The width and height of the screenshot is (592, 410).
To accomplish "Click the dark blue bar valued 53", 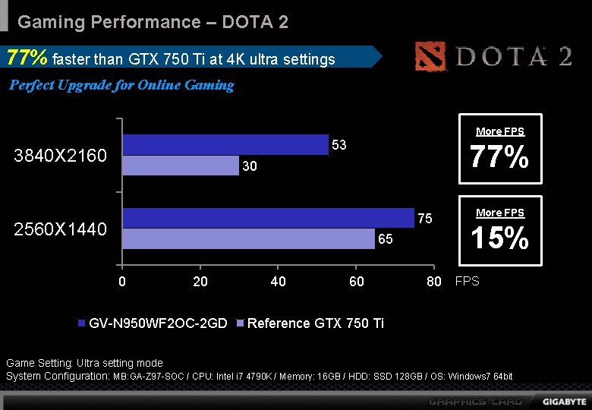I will pyautogui.click(x=225, y=144).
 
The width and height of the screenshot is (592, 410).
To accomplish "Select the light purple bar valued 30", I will pyautogui.click(x=181, y=166).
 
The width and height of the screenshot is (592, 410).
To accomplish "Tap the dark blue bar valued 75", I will pyautogui.click(x=268, y=218).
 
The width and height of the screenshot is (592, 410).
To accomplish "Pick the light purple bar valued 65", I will pyautogui.click(x=249, y=239).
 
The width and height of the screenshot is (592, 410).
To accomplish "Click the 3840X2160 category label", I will pyautogui.click(x=61, y=156).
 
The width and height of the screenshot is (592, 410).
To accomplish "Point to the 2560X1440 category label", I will pyautogui.click(x=61, y=229).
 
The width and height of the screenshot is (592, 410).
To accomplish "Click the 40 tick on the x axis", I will pyautogui.click(x=279, y=282).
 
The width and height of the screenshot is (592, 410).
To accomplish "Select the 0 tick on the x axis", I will pyautogui.click(x=122, y=282).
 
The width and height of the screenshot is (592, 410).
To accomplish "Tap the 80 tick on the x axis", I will pyautogui.click(x=433, y=282).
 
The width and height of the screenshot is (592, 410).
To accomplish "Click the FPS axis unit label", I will pyautogui.click(x=467, y=282).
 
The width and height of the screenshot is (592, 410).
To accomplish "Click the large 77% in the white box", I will pyautogui.click(x=499, y=158).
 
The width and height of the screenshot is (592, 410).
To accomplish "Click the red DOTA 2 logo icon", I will pyautogui.click(x=433, y=57).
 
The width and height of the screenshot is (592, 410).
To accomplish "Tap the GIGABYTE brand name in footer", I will pyautogui.click(x=564, y=400).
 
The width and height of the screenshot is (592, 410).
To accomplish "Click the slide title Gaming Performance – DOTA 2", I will pyautogui.click(x=153, y=22).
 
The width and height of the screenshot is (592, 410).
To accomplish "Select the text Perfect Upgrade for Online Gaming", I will pyautogui.click(x=121, y=85).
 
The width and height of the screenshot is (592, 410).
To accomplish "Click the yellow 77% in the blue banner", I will pyautogui.click(x=27, y=58).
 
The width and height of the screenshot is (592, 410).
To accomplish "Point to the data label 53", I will pyautogui.click(x=339, y=144).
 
